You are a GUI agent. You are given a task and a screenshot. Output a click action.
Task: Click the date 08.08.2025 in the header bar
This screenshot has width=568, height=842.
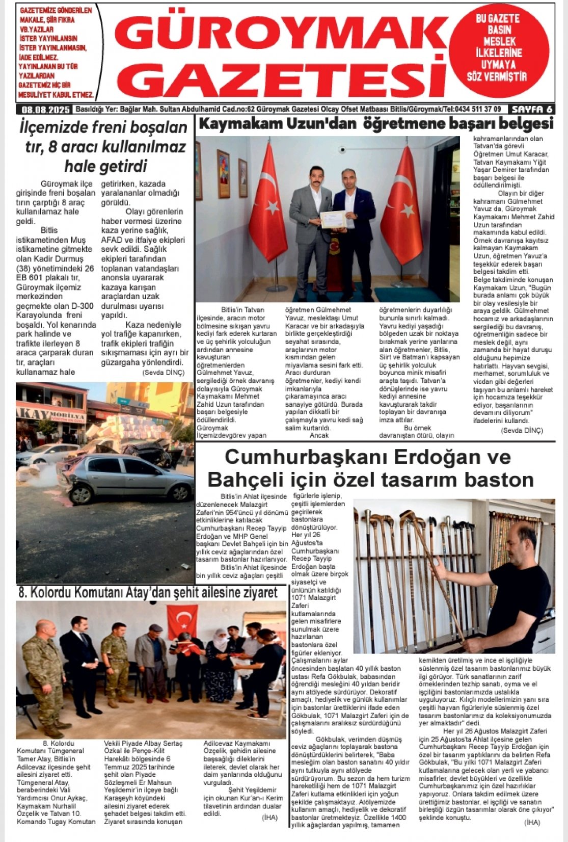tap(45, 109)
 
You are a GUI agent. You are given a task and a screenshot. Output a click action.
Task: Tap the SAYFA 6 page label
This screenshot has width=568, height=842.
tap(532, 109)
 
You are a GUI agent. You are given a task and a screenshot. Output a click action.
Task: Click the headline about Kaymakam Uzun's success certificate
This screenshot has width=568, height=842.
tap(375, 124)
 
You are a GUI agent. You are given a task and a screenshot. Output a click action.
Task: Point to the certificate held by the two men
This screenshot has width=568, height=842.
tap(333, 219)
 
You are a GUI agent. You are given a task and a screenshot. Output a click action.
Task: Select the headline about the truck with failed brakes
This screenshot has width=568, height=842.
tap(104, 147)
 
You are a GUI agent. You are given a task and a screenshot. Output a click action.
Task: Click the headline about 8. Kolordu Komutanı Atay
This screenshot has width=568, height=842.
tap(148, 592)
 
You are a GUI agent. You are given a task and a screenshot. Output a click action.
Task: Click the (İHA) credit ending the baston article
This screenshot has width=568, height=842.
tap(531, 822)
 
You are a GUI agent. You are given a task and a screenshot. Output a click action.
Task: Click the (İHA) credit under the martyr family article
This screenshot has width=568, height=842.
tap(269, 817)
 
